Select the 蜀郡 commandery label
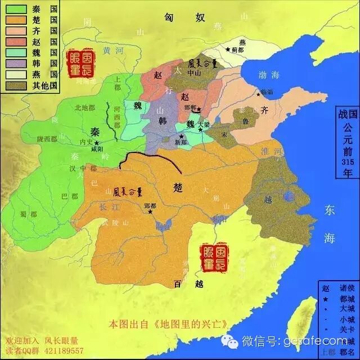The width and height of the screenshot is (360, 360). click(26, 213)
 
